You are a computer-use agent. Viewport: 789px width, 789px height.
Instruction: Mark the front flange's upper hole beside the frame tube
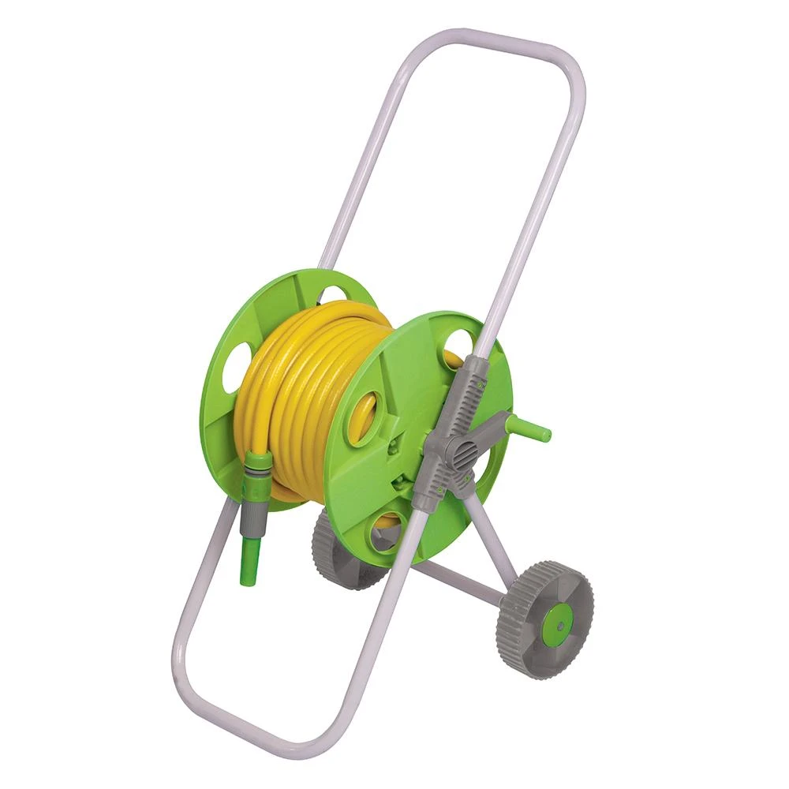tap(458, 347)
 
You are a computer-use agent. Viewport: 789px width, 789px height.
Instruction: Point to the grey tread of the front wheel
tap(513, 623)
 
